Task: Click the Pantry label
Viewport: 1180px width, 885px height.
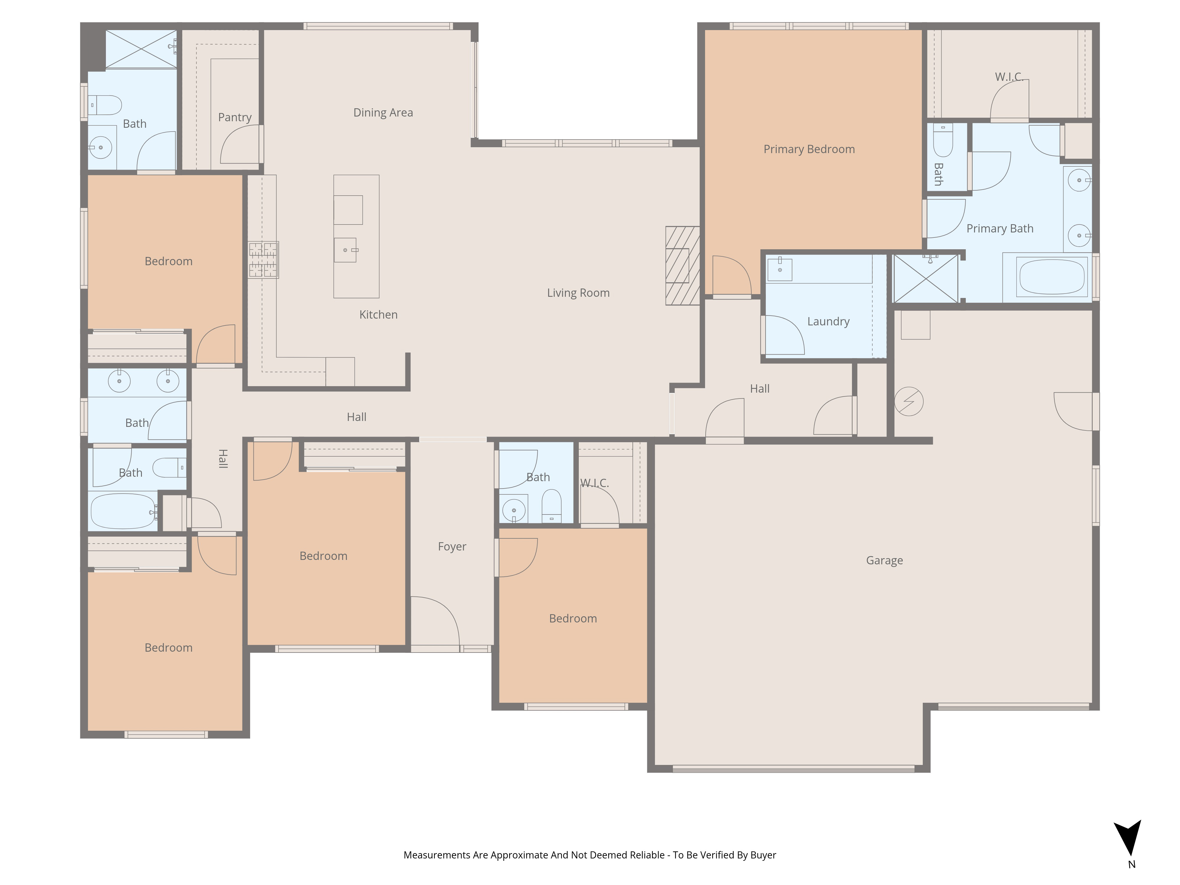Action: pyautogui.click(x=235, y=117)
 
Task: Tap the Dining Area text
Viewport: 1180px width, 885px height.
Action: pyautogui.click(x=383, y=113)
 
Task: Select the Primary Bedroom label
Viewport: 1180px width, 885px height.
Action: pyautogui.click(x=809, y=149)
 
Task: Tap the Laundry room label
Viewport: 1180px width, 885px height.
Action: pyautogui.click(x=828, y=322)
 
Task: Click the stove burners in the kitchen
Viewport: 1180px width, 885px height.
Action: pyautogui.click(x=263, y=260)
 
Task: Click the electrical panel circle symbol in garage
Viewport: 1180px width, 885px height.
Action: pyautogui.click(x=909, y=402)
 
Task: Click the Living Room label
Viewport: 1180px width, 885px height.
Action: pyautogui.click(x=578, y=293)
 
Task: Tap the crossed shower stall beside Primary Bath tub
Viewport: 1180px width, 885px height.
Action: pyautogui.click(x=925, y=278)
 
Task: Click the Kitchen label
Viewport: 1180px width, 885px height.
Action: pyautogui.click(x=378, y=315)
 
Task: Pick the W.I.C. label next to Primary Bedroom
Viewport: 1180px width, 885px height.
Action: pyautogui.click(x=1009, y=77)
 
